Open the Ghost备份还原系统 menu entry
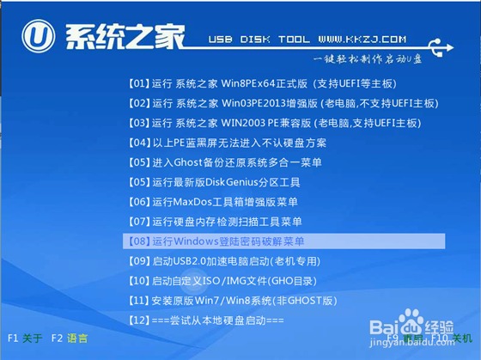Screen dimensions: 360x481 point(226,162)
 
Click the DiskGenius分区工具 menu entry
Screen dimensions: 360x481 point(213,182)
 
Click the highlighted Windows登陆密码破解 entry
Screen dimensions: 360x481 point(215,241)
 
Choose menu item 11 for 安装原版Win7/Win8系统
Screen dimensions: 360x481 point(233,301)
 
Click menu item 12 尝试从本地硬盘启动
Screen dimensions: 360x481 point(205,320)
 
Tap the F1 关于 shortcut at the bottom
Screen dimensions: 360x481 point(25,339)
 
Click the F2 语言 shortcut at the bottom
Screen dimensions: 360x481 point(70,339)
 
